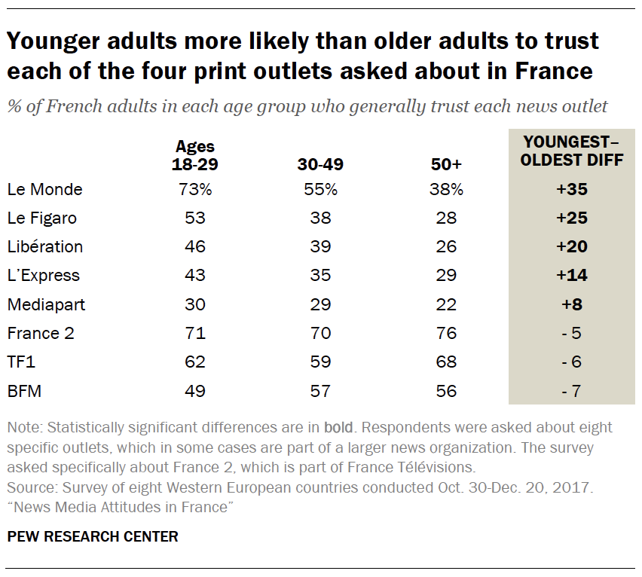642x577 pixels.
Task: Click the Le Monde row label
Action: click(x=44, y=190)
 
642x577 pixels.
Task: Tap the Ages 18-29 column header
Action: click(x=195, y=154)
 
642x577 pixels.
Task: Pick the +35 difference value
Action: click(x=571, y=190)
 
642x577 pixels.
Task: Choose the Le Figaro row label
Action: click(x=42, y=218)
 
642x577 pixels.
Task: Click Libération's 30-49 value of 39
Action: click(x=319, y=247)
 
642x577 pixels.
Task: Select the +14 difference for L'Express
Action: click(x=571, y=276)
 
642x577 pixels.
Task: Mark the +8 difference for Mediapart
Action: click(x=571, y=305)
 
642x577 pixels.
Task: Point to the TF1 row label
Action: click(x=21, y=362)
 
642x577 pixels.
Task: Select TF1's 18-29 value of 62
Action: click(x=195, y=362)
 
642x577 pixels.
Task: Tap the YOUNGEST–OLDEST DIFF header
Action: click(x=571, y=151)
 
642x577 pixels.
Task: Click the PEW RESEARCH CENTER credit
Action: click(x=93, y=537)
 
